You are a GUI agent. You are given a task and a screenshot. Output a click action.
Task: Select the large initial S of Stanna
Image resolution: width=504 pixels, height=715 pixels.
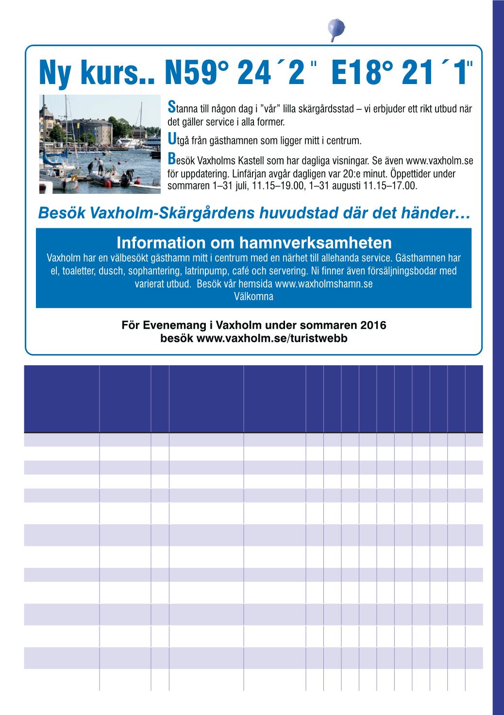(x=170, y=106)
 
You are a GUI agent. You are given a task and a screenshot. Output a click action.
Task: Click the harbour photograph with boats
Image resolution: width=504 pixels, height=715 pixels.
(x=100, y=144)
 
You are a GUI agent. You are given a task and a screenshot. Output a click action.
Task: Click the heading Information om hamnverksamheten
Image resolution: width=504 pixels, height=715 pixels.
(x=253, y=242)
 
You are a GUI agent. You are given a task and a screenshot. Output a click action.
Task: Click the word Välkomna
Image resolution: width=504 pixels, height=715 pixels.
(x=253, y=297)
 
